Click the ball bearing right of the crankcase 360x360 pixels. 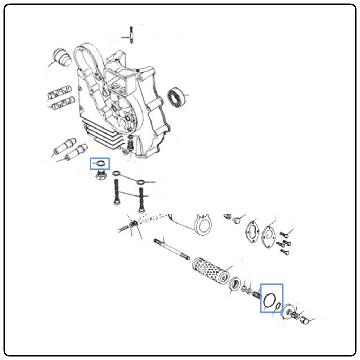176,97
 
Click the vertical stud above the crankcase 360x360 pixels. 131,35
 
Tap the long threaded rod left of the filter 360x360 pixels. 171,248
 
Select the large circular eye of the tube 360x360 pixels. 202,224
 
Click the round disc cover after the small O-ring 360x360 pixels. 288,312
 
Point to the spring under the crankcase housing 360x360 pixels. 131,147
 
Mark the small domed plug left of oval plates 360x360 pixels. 237,220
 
